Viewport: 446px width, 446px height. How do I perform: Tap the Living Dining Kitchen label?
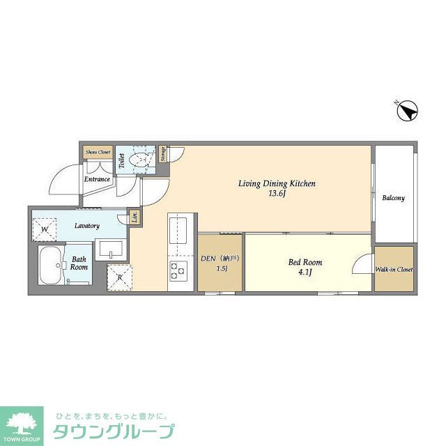(277, 184)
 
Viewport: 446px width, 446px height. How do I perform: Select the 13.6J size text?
(278, 194)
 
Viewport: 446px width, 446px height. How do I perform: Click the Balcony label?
(393, 198)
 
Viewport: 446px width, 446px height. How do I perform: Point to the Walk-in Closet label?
(394, 269)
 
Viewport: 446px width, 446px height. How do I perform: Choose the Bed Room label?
(305, 263)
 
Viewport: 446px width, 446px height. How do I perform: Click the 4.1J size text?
(305, 273)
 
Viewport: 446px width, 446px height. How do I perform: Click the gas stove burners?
(178, 270)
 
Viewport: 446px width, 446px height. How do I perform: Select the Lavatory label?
(88, 226)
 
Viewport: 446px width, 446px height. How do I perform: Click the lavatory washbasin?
(111, 248)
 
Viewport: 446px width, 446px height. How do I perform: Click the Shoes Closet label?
(98, 152)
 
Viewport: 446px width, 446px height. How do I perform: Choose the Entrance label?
(98, 179)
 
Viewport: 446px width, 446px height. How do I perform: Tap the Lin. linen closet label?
(135, 217)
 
